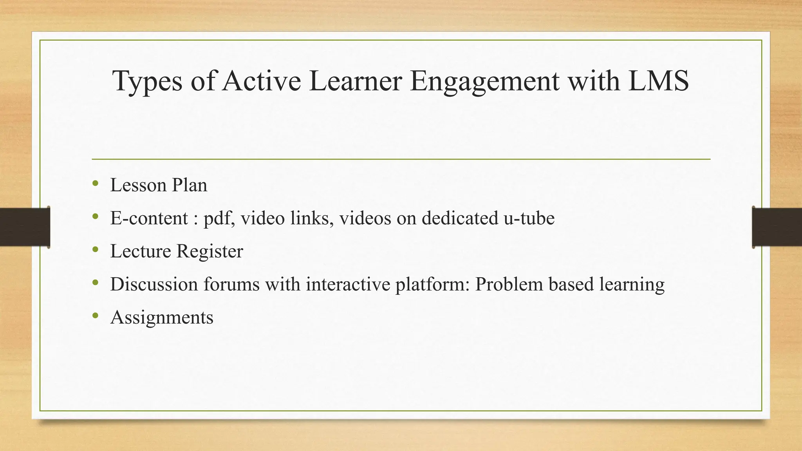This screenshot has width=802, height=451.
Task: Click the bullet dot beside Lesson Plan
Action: pos(96,183)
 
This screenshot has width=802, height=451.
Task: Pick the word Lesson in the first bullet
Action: pos(138,185)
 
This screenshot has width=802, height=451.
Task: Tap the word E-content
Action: pos(149,218)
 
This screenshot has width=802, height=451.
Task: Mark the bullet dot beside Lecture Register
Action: pos(96,249)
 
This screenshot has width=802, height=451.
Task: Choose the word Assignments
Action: pos(162,318)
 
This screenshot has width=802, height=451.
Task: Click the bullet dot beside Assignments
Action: pos(96,316)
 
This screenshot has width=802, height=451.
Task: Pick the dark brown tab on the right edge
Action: pos(777,227)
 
